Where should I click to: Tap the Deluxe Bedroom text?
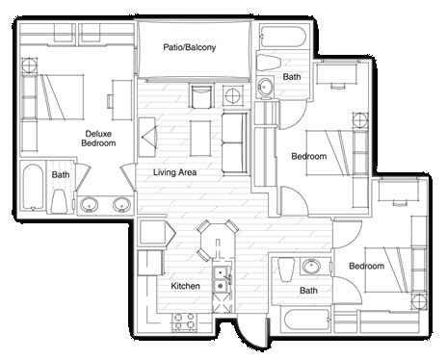[99, 138]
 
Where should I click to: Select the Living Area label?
[174, 172]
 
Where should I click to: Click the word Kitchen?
[185, 287]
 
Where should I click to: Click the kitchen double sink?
[222, 278]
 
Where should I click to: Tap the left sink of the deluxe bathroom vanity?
[90, 204]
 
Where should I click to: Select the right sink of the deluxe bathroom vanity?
[121, 204]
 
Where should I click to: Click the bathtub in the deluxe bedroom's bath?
[32, 190]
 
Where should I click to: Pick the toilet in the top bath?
[266, 64]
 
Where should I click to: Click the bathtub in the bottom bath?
[308, 322]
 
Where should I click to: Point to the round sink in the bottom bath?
[311, 267]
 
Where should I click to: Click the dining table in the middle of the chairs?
[217, 240]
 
